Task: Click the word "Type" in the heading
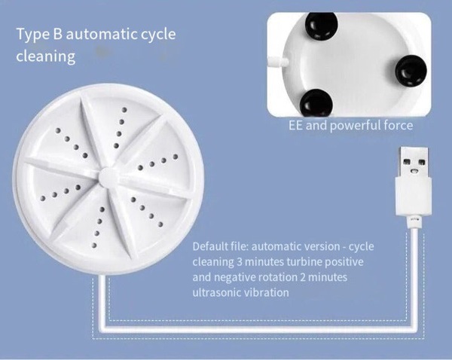(32, 35)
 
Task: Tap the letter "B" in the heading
(58, 34)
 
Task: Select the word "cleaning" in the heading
(46, 56)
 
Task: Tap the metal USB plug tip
(414, 162)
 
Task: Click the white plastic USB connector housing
(414, 197)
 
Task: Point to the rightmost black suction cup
(411, 72)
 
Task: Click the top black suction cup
(322, 25)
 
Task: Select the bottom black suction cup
(316, 103)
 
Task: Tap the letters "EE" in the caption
(296, 126)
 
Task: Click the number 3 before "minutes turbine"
(240, 262)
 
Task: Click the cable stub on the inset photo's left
(277, 61)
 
